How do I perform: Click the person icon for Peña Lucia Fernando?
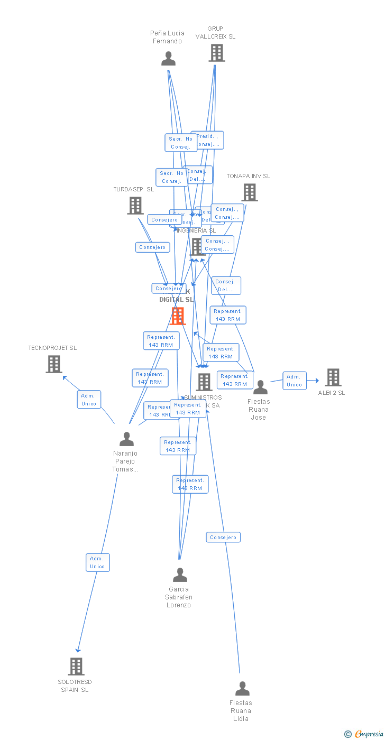pos(168,59)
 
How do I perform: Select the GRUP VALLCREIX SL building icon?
pos(216,53)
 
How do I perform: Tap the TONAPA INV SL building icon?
pos(250,192)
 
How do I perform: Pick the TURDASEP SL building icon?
pos(135,206)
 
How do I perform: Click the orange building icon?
pos(178,316)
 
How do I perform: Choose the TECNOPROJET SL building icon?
pos(53,364)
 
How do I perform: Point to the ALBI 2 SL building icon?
pos(333,377)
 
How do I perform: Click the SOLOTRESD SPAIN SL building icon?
pos(76,667)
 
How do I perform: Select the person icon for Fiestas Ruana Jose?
pos(260,387)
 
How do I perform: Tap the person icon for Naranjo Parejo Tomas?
pos(126,439)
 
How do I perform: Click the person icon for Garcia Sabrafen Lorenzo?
pos(180,575)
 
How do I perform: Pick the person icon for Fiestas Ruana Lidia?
pos(242,689)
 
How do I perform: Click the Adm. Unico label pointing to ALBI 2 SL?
pos(294,381)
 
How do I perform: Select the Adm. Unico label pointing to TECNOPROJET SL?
pos(89,400)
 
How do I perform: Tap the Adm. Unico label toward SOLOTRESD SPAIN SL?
pos(97,562)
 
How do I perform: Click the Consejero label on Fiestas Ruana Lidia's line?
pos(223,538)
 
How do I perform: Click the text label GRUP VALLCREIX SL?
pos(215,33)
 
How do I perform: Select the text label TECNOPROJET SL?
pos(52,348)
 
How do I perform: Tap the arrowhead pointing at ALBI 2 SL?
pos(316,381)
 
